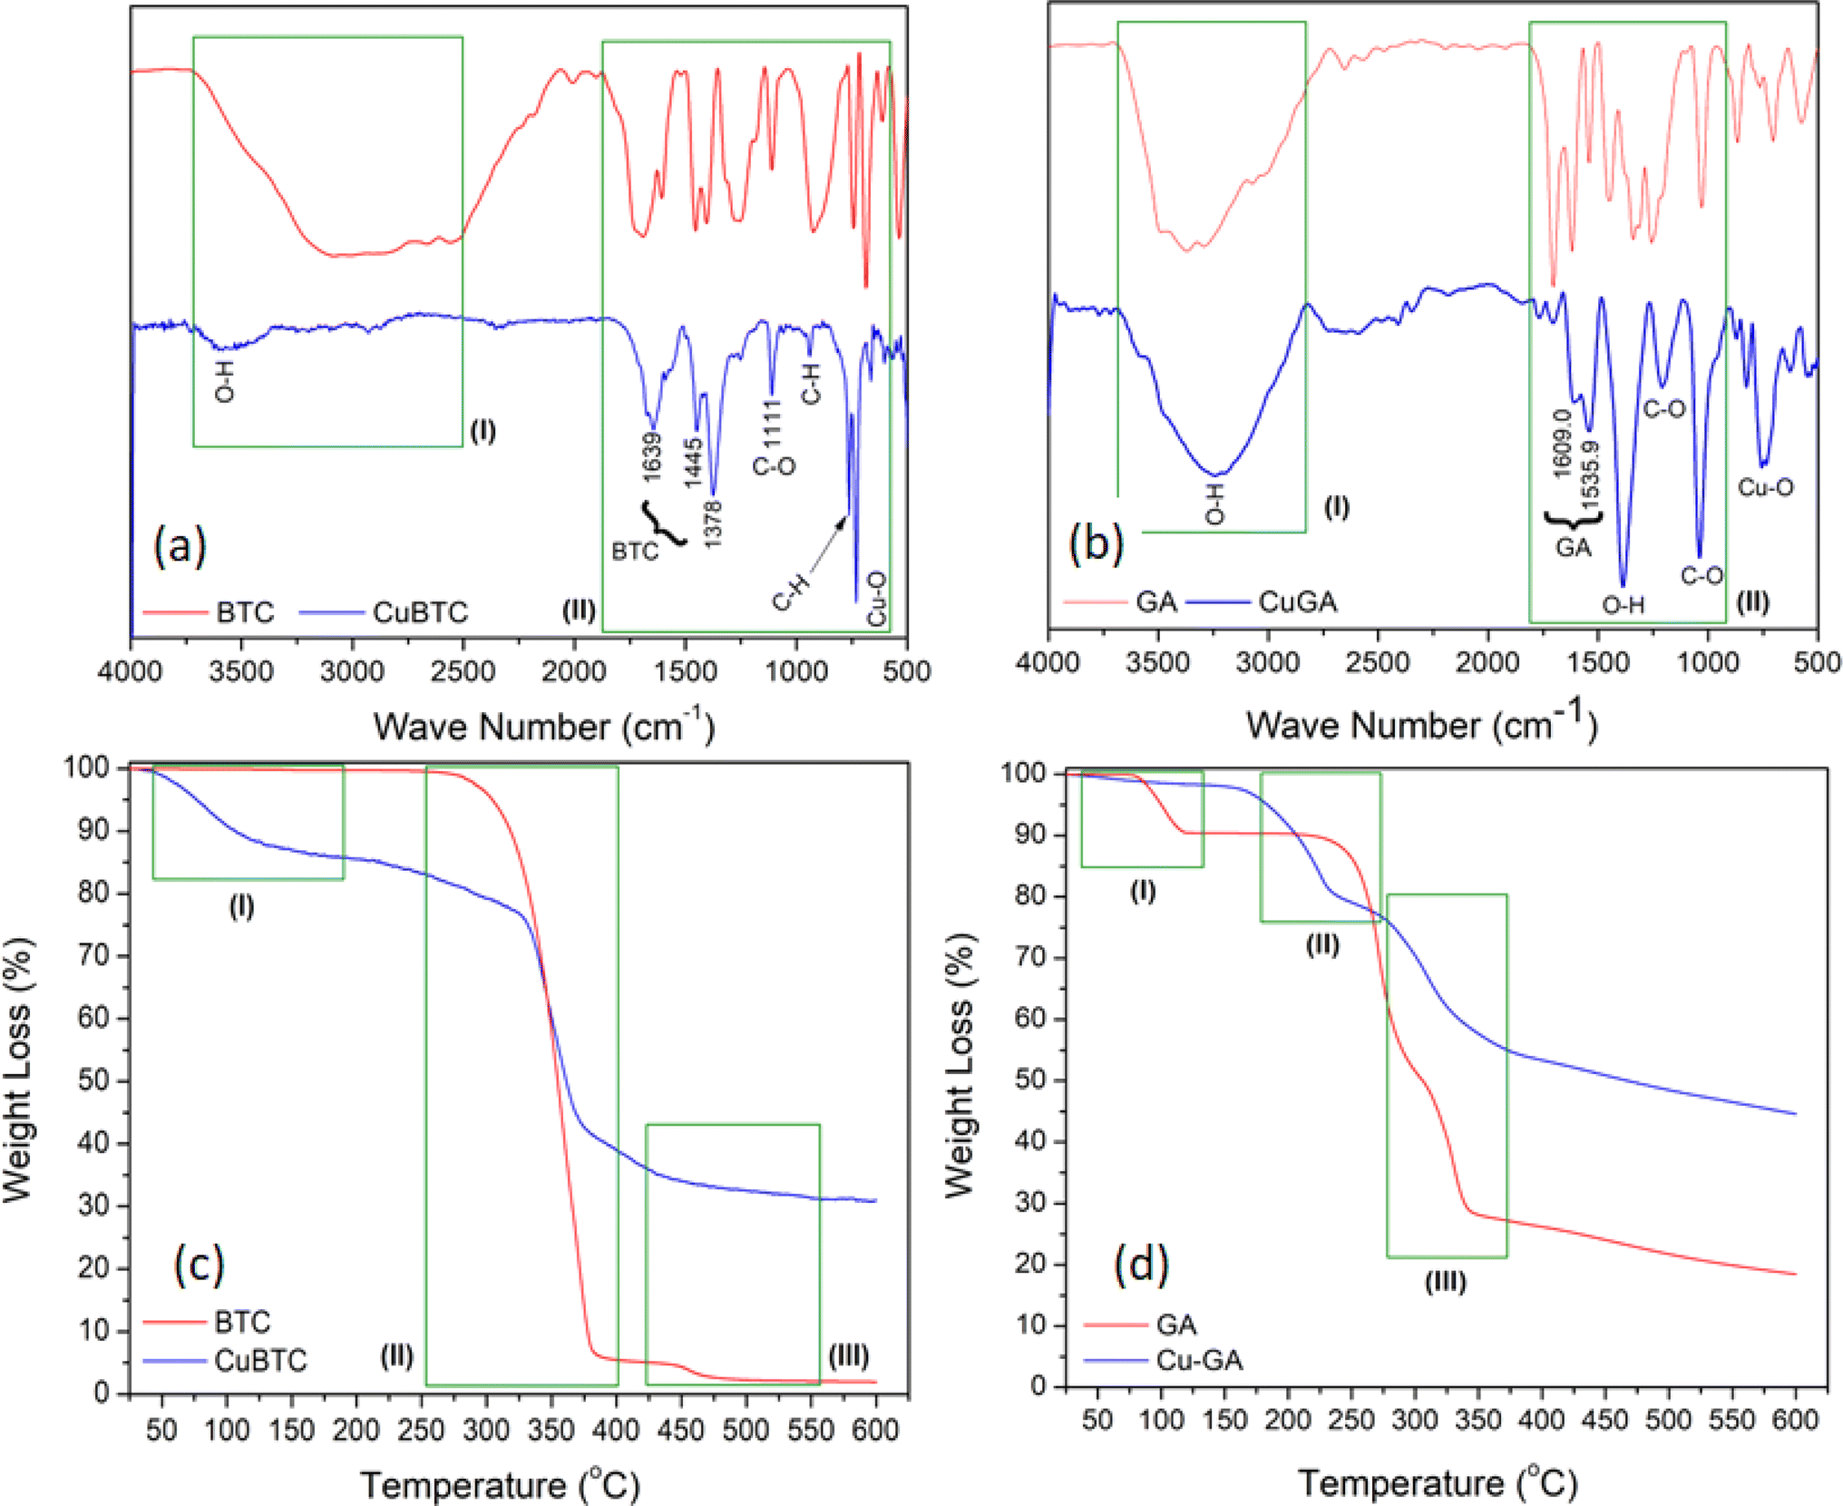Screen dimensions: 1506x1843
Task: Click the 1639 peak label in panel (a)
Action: (x=652, y=457)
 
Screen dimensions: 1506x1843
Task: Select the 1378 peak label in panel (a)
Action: (x=713, y=523)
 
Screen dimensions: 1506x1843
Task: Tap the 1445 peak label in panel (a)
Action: (x=694, y=463)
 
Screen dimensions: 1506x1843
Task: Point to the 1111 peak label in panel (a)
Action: (x=772, y=423)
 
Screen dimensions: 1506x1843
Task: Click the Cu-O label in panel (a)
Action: (x=877, y=598)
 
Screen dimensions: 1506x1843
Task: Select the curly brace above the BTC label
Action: (x=665, y=523)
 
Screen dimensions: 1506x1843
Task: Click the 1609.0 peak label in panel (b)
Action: (x=1561, y=443)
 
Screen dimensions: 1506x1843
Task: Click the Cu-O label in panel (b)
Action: (x=1765, y=487)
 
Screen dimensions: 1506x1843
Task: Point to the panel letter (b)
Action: (x=1096, y=544)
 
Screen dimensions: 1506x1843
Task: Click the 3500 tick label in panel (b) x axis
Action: (x=1157, y=662)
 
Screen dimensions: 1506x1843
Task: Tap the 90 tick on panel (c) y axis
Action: (x=97, y=830)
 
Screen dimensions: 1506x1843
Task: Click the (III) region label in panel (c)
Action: (x=849, y=1356)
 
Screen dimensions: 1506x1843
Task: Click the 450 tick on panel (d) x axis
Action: (x=1604, y=1419)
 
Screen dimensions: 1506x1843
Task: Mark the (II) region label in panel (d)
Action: (x=1322, y=945)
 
